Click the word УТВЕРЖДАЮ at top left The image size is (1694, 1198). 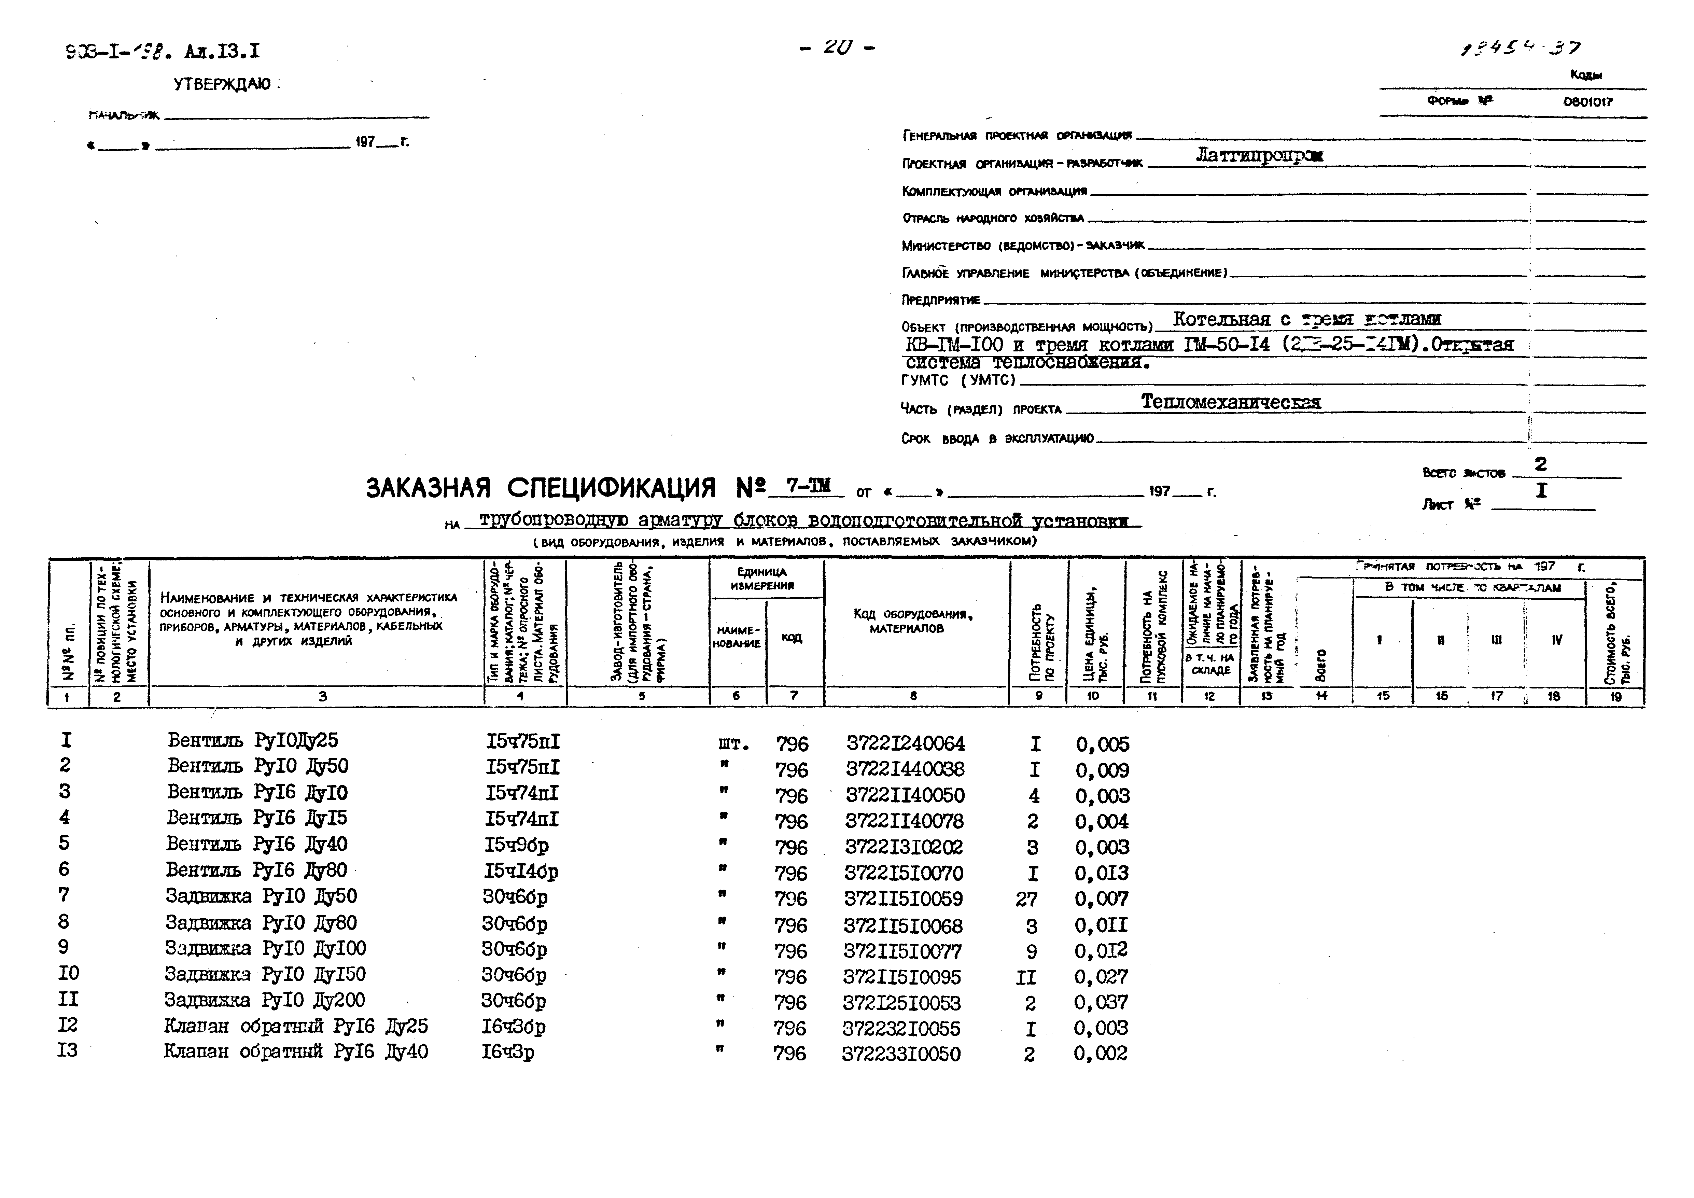click(221, 85)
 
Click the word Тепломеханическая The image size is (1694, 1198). click(1231, 402)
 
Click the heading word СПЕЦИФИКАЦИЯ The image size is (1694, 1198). click(611, 488)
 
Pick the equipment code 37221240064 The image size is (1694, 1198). click(905, 743)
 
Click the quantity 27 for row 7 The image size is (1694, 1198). click(1026, 899)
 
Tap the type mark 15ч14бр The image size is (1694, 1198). click(521, 872)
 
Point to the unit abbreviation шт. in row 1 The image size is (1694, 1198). click(733, 743)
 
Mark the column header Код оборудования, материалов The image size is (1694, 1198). click(913, 621)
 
